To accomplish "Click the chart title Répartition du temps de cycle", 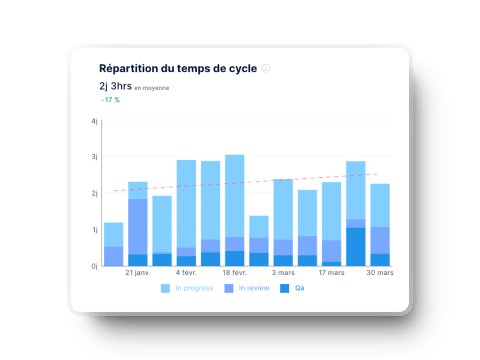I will pos(178,69).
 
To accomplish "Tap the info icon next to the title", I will pos(266,68).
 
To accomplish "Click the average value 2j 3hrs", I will pos(115,86).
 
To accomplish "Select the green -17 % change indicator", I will pos(111,100).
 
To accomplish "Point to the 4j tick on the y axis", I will pos(94,121).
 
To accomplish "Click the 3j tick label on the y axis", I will pos(94,157).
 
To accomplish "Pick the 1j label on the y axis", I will pos(94,230).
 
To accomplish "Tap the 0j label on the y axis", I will pos(94,266).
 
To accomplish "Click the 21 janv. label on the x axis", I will pos(138,273).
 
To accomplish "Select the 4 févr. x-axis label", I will pos(186,273).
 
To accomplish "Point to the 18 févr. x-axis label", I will pos(235,273).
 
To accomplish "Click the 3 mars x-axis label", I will pos(283,273).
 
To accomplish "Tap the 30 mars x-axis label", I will pos(380,273).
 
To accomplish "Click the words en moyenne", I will pos(152,88).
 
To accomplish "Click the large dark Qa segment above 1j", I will pos(355,247).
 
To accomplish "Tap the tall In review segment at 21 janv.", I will pos(138,226).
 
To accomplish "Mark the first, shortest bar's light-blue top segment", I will pos(113,234).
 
